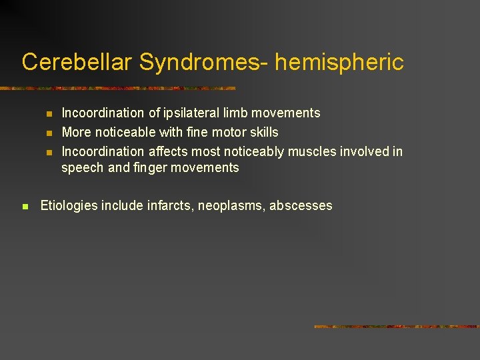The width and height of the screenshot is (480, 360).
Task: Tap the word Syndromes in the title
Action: [x=201, y=62]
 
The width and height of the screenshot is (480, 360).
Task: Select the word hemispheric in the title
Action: [x=339, y=62]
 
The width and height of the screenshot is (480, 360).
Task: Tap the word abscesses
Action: [x=301, y=206]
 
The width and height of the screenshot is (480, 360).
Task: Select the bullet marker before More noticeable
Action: [x=49, y=133]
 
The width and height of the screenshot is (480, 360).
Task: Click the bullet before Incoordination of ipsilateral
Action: [x=49, y=114]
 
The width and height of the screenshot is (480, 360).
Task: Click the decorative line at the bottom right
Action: [x=397, y=327]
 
